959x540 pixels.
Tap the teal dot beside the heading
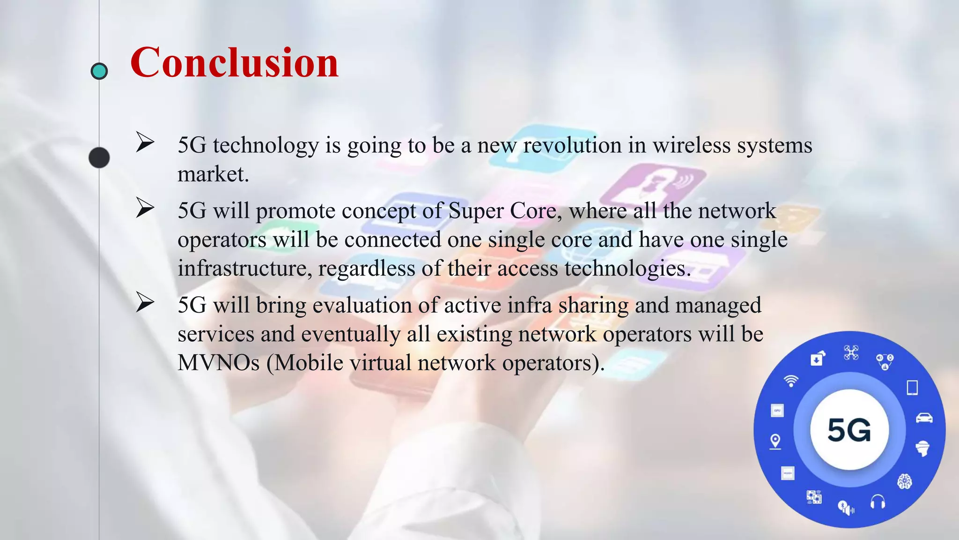(x=99, y=71)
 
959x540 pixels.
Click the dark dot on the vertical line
(x=99, y=157)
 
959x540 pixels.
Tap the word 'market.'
(x=213, y=174)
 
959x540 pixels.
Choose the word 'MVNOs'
(x=218, y=363)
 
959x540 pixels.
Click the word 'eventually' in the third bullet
(x=350, y=334)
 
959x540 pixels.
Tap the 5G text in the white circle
(x=849, y=430)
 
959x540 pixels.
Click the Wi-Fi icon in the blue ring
(x=791, y=381)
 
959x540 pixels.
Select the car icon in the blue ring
(x=924, y=418)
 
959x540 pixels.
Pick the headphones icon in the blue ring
(x=878, y=502)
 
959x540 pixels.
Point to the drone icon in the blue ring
(x=851, y=352)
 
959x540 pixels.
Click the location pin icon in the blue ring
(x=775, y=442)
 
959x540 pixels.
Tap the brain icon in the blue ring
(x=904, y=481)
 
